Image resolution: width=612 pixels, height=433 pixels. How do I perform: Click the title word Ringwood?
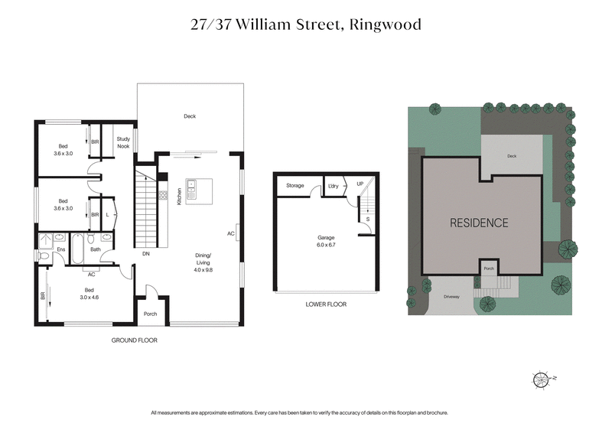click(x=385, y=24)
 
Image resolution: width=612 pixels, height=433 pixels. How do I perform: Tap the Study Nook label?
click(x=123, y=143)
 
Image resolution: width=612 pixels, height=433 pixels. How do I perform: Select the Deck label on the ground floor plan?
click(x=190, y=116)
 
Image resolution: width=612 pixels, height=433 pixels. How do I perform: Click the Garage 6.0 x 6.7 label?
click(x=327, y=242)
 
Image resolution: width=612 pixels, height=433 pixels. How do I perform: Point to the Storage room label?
click(x=295, y=186)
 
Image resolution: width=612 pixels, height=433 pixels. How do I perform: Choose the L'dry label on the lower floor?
click(x=334, y=186)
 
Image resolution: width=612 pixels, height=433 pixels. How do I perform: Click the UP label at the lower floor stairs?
click(x=360, y=184)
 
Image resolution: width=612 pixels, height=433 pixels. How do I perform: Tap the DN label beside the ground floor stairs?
click(x=145, y=253)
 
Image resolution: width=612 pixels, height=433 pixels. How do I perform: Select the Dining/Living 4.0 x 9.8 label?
click(x=203, y=262)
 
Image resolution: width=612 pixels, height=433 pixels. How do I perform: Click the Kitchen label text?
click(x=180, y=196)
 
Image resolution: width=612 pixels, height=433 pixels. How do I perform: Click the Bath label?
click(x=96, y=249)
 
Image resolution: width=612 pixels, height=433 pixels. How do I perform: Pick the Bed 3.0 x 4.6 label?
click(x=90, y=294)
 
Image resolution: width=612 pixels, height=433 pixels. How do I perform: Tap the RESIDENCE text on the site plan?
click(x=479, y=223)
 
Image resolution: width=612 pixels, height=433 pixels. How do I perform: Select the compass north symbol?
click(x=542, y=378)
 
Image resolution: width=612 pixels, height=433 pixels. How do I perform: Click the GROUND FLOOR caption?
click(x=135, y=340)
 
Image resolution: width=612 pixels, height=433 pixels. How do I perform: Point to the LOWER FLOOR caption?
click(x=326, y=304)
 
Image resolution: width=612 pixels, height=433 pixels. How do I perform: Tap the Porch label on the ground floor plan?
click(x=151, y=313)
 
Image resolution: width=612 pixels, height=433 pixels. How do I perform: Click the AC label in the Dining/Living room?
click(x=230, y=233)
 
